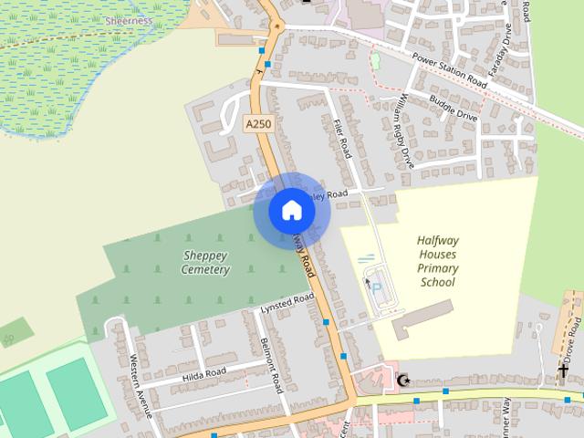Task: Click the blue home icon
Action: coord(291,211)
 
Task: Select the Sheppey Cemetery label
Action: coord(204,263)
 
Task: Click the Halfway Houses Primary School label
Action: coord(436,261)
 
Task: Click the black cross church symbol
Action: coord(563,372)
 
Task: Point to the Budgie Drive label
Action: coord(454,110)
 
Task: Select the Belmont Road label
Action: coord(273,362)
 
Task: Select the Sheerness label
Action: coord(129,19)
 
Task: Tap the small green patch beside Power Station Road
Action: coord(375,61)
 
